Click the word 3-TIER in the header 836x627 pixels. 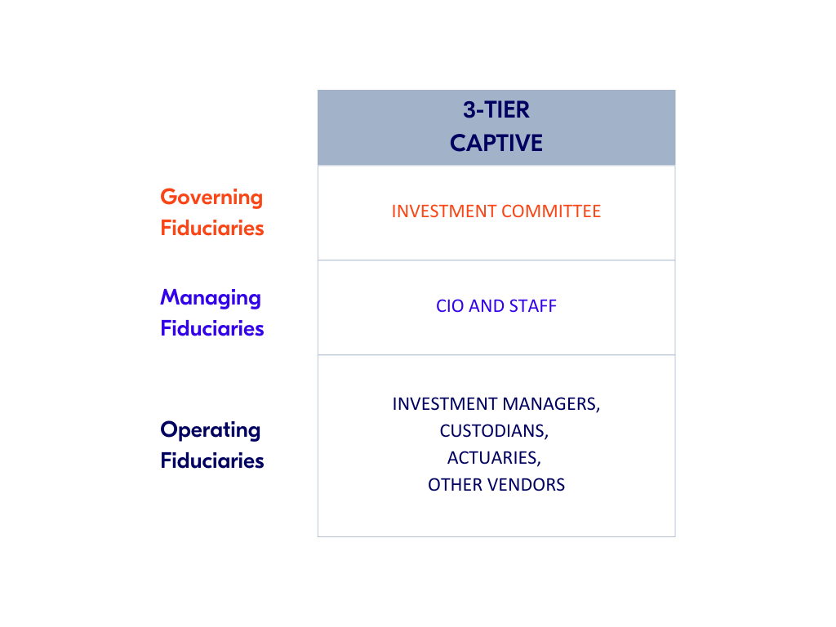(x=496, y=110)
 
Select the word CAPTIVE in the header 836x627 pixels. (x=496, y=143)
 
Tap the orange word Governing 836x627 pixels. (x=211, y=198)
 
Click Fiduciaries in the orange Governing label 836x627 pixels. (x=212, y=228)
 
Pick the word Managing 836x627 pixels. (x=211, y=298)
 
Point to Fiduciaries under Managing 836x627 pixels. (x=212, y=328)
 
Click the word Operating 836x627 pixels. (x=211, y=430)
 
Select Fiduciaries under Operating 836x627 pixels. (x=212, y=460)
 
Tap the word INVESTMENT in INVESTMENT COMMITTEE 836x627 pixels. (x=444, y=211)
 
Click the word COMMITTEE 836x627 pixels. (x=551, y=211)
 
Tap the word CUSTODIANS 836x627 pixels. (x=494, y=431)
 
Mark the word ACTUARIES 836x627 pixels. (x=494, y=458)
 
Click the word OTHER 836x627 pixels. (x=455, y=485)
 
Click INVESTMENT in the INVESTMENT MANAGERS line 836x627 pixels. (x=445, y=404)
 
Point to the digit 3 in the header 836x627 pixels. (x=469, y=110)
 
